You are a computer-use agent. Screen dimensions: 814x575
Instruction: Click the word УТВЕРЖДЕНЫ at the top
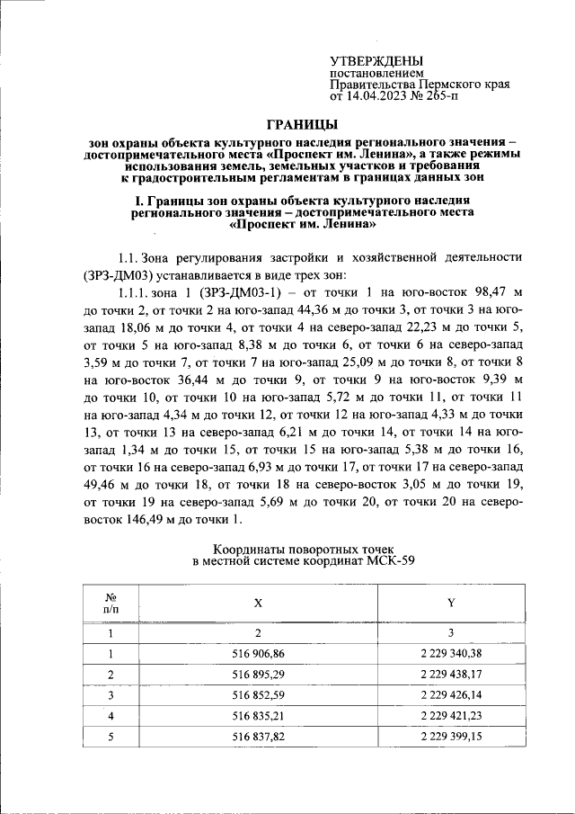pos(376,59)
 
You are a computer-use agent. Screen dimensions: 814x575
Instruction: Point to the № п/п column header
pos(111,603)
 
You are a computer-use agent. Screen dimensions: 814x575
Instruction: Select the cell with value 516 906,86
pos(258,653)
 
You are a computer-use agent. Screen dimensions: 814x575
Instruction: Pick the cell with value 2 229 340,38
pos(450,653)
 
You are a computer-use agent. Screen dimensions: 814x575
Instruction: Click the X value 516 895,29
pos(258,674)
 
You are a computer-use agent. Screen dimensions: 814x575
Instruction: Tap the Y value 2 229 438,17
pos(450,674)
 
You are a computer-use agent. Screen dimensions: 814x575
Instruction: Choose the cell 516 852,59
pos(258,695)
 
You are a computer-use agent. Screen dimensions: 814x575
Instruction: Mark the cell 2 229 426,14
pos(450,695)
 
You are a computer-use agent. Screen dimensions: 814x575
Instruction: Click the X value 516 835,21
pos(258,716)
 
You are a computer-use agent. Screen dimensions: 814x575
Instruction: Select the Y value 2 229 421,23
pos(450,716)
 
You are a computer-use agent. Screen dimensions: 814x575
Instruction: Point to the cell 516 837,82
pos(258,738)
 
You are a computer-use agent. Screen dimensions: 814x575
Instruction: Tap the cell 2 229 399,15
pos(450,738)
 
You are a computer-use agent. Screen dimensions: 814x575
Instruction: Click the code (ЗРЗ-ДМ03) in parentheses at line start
pos(123,274)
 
